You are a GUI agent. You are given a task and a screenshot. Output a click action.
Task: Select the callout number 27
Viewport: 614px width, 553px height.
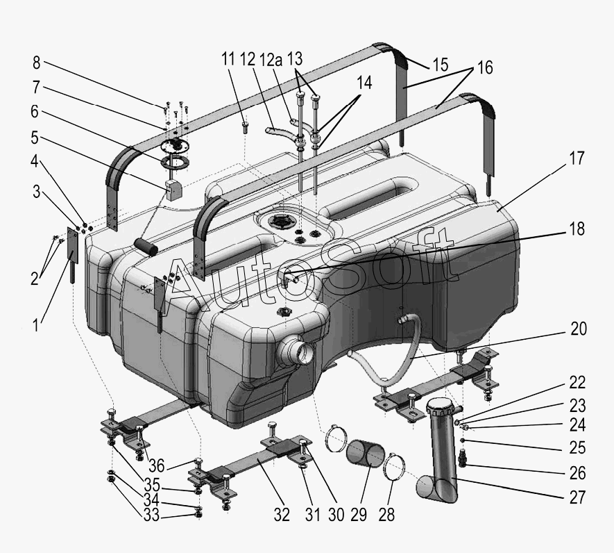(577, 497)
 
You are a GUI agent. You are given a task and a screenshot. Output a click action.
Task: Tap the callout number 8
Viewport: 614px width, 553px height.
(36, 63)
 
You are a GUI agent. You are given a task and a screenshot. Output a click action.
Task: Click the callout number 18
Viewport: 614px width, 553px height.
(577, 229)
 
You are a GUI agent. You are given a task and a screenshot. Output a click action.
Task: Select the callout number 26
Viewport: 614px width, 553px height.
(577, 474)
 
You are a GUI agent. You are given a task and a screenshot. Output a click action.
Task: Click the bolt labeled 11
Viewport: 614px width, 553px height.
(245, 126)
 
